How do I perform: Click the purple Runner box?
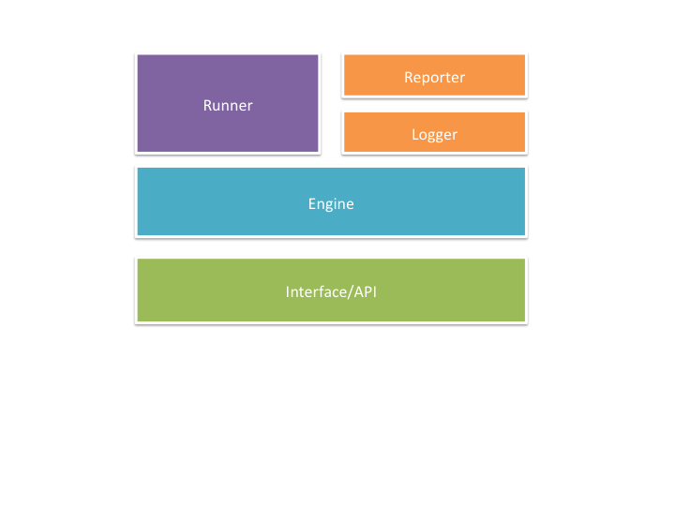point(228,103)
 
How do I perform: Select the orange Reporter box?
point(434,75)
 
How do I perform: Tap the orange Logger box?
point(434,132)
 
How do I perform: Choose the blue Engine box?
point(331,201)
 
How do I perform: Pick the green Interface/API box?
point(331,290)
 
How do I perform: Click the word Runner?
point(228,105)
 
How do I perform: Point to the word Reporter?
point(434,78)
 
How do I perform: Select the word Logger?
point(434,135)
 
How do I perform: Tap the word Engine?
point(331,204)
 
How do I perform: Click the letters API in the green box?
point(366,291)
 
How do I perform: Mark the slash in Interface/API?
point(351,292)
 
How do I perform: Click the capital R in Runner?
point(207,105)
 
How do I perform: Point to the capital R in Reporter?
point(409,78)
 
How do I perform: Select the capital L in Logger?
point(415,135)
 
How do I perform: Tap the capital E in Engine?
point(311,203)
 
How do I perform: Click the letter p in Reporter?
point(427,79)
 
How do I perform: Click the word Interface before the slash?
point(317,291)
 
